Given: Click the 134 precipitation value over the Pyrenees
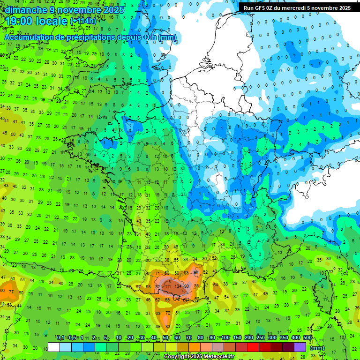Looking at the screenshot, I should coord(178,286).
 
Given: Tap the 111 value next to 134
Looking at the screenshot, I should coord(167,286).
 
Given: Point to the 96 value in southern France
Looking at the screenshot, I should coord(196,272).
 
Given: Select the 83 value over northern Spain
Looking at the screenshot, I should coord(167,326).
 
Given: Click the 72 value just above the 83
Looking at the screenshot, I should coord(168,313).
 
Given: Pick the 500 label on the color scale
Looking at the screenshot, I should coord(307,338).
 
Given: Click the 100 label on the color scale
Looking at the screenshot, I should coord(225,338).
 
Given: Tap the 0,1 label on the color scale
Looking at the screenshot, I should coord(60,338).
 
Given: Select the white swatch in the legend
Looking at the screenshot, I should coord(54,347).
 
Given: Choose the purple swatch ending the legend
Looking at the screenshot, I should coord(300,347).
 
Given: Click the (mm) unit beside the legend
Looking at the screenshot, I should coord(317,347).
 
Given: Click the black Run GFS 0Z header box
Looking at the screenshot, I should coord(297,8).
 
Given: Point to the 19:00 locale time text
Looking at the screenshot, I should coord(37,21).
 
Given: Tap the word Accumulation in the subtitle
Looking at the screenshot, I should coord(27,37).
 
